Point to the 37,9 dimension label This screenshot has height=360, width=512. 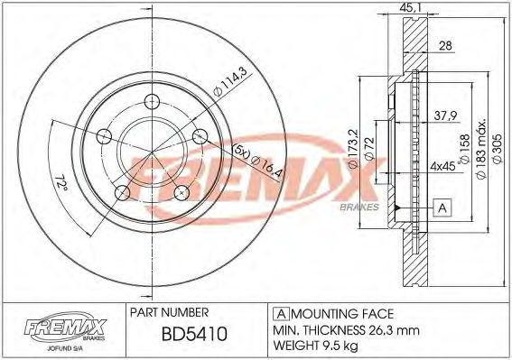point(442,115)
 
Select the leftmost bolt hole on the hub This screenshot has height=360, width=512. point(103,137)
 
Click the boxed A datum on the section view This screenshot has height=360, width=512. point(442,208)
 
